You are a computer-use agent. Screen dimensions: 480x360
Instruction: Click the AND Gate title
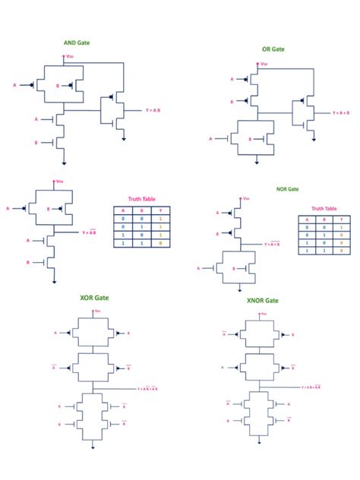click(77, 43)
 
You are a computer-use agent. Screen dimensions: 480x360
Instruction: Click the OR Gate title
click(273, 49)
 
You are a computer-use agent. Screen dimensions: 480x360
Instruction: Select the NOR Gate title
click(287, 189)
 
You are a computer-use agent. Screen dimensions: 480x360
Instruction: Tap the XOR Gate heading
click(94, 298)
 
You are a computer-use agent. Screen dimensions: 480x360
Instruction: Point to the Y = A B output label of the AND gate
click(153, 111)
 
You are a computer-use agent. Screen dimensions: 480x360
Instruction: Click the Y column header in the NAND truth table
click(160, 210)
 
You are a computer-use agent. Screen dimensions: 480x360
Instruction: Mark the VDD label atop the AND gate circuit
click(71, 55)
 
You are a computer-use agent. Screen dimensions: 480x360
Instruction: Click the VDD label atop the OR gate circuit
click(264, 65)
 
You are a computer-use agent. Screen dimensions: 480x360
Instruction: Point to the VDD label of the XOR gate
click(96, 311)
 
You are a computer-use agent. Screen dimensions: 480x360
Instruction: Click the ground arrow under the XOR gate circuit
click(93, 447)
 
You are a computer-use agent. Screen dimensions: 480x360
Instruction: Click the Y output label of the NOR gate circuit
click(271, 245)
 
